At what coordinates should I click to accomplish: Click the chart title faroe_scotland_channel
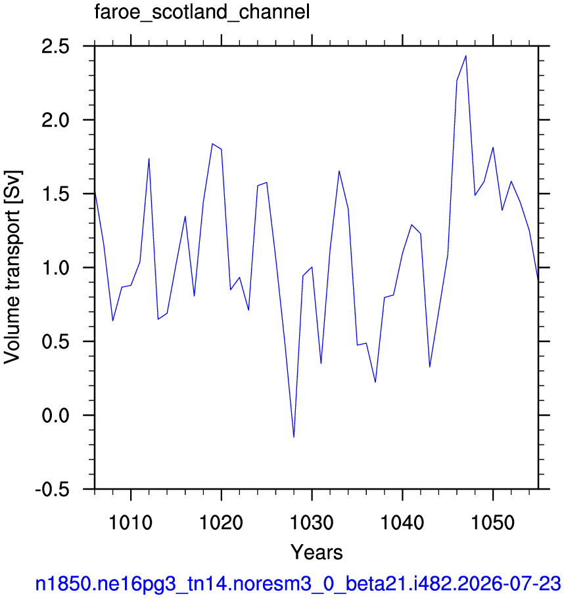202,12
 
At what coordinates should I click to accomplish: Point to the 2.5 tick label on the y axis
56,47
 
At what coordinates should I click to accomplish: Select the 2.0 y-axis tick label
56,120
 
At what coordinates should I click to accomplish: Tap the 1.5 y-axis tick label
56,194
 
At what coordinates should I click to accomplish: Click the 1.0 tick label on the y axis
56,268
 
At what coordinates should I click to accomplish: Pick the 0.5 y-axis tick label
56,342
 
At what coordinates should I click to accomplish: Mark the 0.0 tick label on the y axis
56,416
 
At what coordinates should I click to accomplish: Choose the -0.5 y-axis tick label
53,489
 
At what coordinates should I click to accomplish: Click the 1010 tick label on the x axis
131,522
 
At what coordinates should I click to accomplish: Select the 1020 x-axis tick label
221,522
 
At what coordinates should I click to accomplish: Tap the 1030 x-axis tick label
312,522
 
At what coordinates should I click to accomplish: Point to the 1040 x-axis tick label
402,522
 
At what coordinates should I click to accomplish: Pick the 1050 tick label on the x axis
493,522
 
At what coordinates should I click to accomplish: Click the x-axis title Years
317,552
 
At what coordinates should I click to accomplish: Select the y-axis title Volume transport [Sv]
12,267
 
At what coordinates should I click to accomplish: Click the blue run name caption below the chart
298,584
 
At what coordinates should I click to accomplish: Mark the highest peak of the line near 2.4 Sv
465,56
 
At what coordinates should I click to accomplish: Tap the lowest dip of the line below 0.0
294,437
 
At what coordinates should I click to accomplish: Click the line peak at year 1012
149,158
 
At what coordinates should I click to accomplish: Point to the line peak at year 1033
339,171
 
